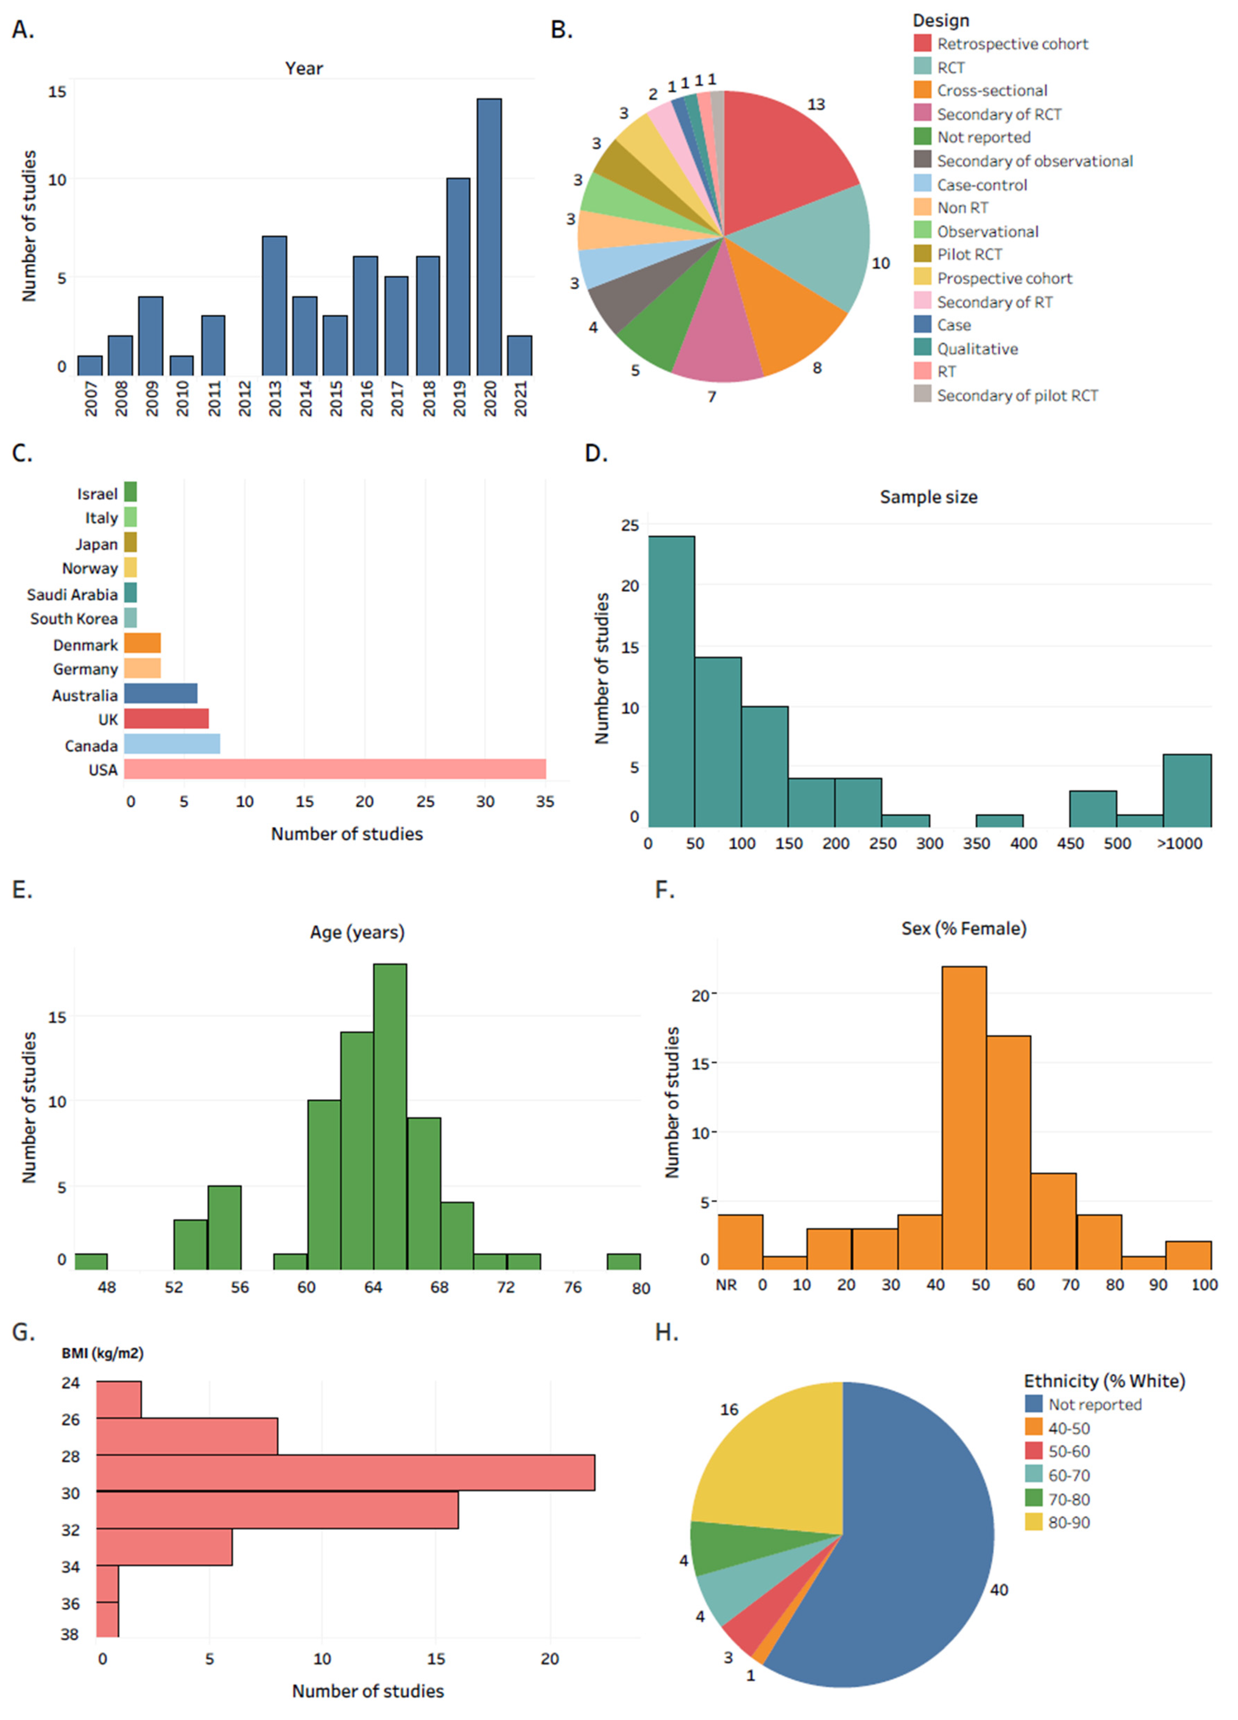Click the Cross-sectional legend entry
pos(991,91)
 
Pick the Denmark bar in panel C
pos(142,643)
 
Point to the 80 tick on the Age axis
pos(640,1288)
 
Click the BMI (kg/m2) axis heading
pos(103,1353)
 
